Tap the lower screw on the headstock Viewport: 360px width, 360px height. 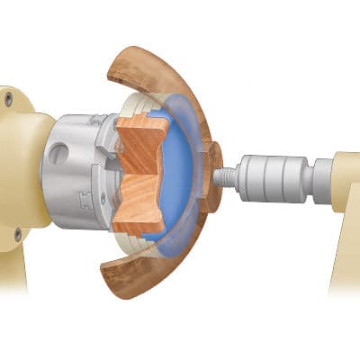coord(17,235)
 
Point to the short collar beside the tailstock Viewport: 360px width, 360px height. coord(321,177)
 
